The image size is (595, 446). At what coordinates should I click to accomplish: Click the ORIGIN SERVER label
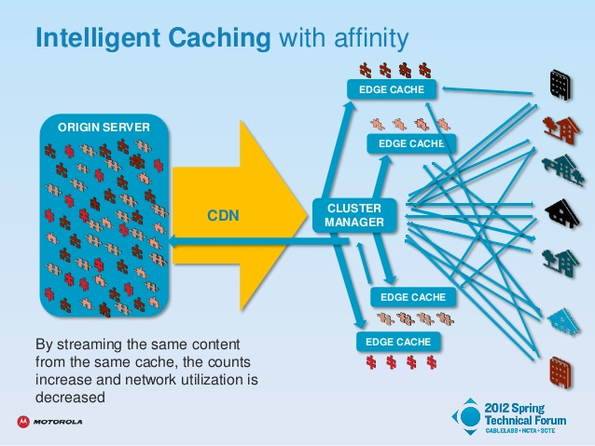[104, 128]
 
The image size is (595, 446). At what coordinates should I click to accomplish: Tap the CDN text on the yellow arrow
[223, 216]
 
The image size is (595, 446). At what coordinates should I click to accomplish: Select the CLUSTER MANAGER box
[354, 215]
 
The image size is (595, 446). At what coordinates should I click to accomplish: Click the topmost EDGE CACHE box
[392, 89]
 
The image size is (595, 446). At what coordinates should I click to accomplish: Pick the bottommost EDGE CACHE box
[398, 342]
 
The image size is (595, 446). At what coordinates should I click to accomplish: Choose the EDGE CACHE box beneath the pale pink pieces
[411, 143]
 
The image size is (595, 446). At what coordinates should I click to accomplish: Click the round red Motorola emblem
[23, 422]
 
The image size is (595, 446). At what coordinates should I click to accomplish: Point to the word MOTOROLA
[58, 422]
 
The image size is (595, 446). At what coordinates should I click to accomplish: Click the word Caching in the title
[219, 38]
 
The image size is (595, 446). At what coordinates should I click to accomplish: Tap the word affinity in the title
[371, 38]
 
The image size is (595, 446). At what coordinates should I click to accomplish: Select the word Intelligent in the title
[98, 38]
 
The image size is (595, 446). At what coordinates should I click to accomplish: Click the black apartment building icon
[560, 85]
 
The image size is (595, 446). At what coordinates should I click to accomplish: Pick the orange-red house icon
[561, 129]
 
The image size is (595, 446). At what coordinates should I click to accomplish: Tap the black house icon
[562, 213]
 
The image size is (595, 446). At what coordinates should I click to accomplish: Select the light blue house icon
[564, 322]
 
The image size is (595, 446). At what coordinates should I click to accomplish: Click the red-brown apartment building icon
[560, 372]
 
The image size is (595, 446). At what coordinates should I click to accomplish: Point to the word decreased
[70, 398]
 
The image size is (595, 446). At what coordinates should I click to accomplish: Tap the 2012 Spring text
[514, 408]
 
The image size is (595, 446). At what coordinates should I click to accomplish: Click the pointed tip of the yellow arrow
[307, 215]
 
